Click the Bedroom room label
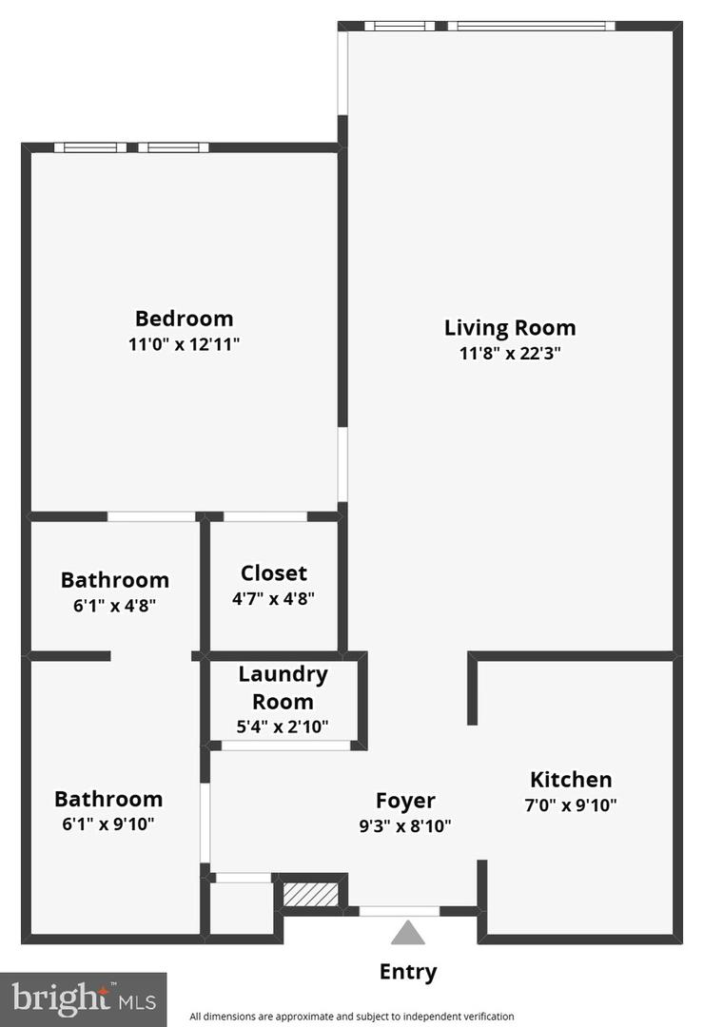click(184, 319)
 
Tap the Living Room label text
click(510, 328)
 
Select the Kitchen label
click(571, 780)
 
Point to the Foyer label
click(405, 801)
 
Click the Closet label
click(274, 573)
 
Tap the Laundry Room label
click(283, 688)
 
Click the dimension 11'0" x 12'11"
click(184, 344)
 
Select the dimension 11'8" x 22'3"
click(510, 354)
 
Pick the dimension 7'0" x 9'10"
click(572, 805)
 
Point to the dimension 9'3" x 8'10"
click(405, 825)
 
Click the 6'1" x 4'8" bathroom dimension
click(114, 605)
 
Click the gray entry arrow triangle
click(408, 933)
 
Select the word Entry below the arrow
click(408, 972)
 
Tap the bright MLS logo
click(83, 999)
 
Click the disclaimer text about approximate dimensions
click(352, 1016)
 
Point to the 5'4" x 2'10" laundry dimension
click(283, 727)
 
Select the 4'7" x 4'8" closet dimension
click(274, 599)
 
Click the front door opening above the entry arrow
click(400, 911)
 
